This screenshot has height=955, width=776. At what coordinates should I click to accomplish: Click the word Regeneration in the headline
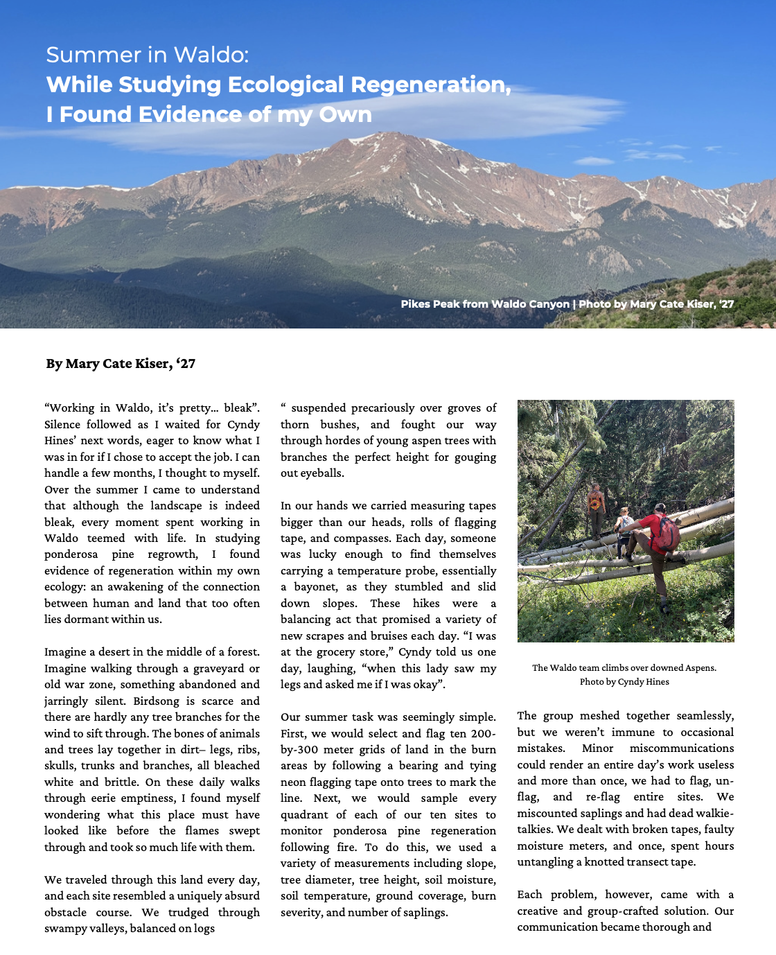(x=431, y=85)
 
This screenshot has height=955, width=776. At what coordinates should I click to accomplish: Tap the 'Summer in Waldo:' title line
(x=147, y=55)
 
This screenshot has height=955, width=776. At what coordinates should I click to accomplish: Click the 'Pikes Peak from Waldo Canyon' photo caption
(x=485, y=304)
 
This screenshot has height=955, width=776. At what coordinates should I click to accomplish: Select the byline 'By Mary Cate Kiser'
(x=121, y=364)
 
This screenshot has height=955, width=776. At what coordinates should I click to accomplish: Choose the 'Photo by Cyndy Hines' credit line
(x=624, y=681)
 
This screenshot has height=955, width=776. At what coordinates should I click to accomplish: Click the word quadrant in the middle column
(x=302, y=814)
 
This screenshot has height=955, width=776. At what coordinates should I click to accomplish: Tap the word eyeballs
(x=323, y=473)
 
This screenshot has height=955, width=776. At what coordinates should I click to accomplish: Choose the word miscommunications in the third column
(x=682, y=748)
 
